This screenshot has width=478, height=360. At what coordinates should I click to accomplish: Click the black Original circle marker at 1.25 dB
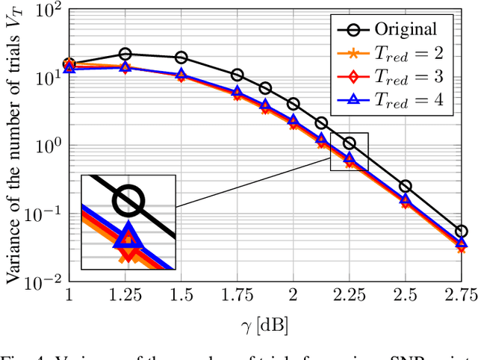coord(125,54)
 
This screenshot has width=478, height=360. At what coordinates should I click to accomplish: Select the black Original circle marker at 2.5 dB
coord(405,186)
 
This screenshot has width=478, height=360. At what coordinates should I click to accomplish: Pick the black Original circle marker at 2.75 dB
coord(461,232)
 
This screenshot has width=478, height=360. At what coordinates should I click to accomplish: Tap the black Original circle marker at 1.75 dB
coord(237,75)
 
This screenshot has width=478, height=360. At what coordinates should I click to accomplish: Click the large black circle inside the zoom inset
coord(128,199)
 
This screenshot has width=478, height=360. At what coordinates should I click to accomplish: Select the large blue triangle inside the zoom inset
coord(128,235)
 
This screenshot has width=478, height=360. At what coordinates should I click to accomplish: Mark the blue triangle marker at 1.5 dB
coord(181,75)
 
